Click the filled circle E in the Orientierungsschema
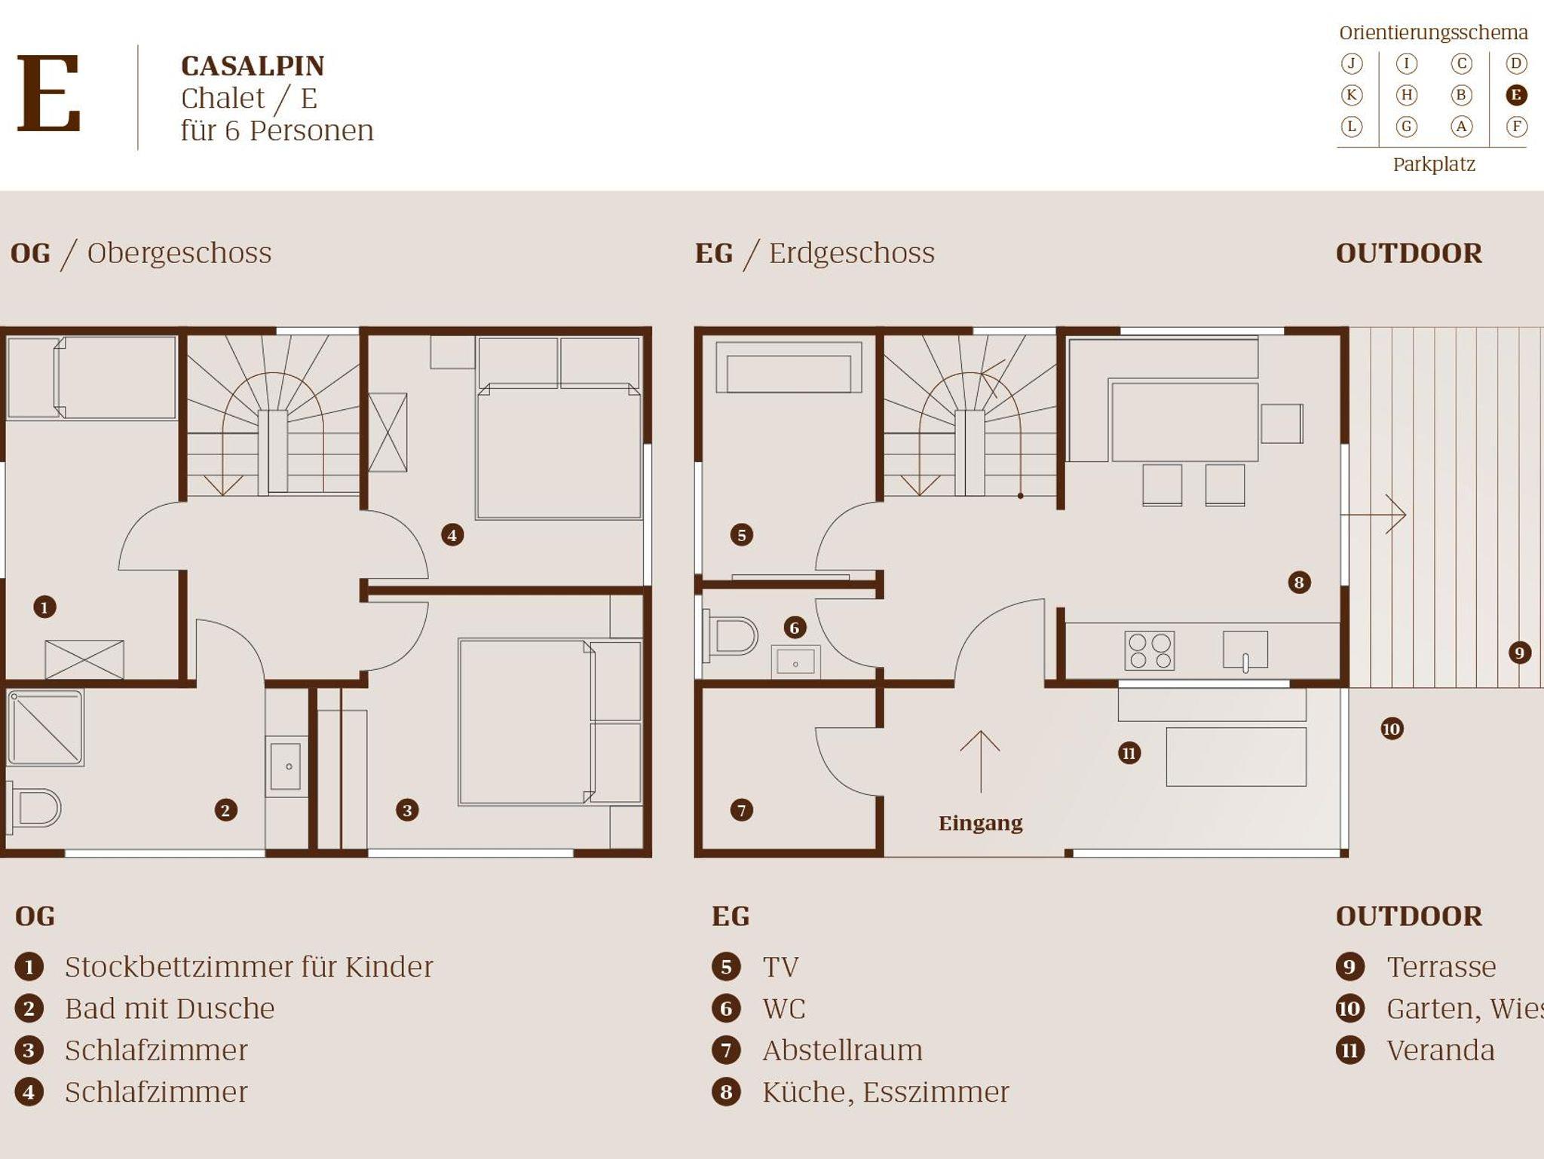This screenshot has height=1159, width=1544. click(1516, 95)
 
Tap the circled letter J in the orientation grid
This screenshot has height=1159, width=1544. click(1352, 64)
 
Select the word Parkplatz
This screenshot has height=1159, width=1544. click(1433, 164)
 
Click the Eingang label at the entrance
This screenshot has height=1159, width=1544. click(980, 823)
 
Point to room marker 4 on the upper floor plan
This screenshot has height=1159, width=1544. click(452, 535)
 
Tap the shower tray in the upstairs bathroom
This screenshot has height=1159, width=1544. click(44, 727)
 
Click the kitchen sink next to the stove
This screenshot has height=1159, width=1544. click(1245, 650)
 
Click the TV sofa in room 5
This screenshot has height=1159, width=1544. click(789, 368)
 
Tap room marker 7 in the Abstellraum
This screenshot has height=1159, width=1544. click(741, 810)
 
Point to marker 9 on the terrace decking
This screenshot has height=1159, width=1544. click(1519, 653)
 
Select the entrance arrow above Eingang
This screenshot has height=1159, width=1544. click(980, 761)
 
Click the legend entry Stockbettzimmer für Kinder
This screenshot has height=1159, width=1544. click(249, 967)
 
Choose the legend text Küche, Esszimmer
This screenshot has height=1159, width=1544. click(885, 1092)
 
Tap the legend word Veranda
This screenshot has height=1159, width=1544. click(1440, 1050)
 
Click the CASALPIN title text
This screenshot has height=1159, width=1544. click(253, 66)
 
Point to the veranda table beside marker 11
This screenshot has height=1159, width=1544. click(1236, 757)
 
